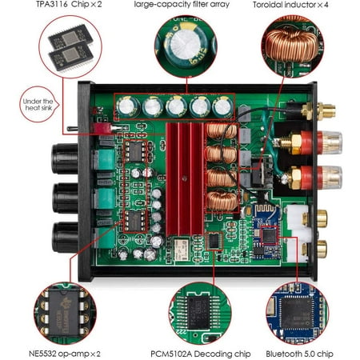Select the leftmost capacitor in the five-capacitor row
point(126,106)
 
